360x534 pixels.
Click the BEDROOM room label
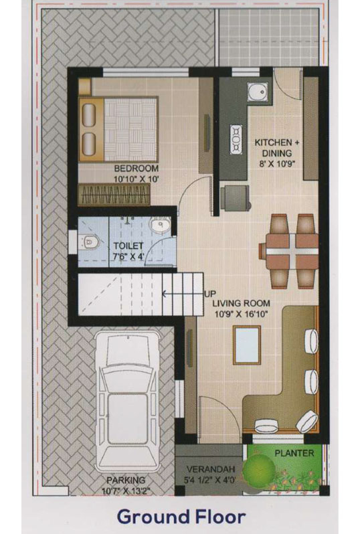(137, 168)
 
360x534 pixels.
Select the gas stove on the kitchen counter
(236, 139)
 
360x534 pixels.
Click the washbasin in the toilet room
(160, 226)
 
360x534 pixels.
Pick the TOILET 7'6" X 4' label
(128, 251)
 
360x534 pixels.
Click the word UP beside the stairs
(210, 294)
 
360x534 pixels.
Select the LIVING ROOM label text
(241, 303)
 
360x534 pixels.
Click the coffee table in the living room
(247, 345)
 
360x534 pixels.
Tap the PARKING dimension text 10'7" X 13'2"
(126, 491)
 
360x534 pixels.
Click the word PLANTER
(294, 453)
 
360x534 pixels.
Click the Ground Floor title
(181, 517)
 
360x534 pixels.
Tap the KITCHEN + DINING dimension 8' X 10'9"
(277, 164)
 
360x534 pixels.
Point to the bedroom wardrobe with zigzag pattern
(114, 195)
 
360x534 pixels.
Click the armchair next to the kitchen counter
(235, 198)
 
